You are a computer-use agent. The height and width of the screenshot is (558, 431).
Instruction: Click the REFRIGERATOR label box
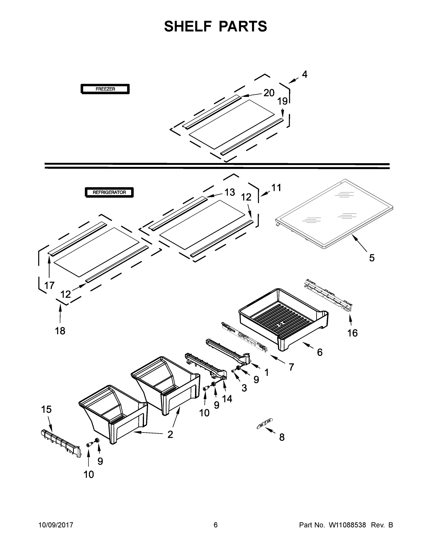tap(109, 192)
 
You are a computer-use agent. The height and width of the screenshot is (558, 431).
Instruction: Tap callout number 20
tap(269, 93)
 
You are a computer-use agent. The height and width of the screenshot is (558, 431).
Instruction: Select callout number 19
tap(282, 101)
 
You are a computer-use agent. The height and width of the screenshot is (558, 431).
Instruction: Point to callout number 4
tap(305, 74)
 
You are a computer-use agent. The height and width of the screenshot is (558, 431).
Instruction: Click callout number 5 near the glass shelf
tap(372, 258)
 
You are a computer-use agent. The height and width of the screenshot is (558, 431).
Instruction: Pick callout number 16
tap(352, 333)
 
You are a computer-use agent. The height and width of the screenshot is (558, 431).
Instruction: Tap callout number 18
tap(60, 331)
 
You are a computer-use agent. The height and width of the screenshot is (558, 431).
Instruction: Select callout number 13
tap(230, 192)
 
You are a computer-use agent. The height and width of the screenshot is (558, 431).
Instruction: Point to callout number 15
tap(46, 409)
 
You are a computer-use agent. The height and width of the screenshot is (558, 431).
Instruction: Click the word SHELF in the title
tap(188, 26)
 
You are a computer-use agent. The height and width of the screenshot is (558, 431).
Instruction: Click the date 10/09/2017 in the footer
tap(56, 525)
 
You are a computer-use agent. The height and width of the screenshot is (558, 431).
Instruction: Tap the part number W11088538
tap(347, 525)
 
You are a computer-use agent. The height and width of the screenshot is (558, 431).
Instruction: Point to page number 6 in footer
tap(216, 525)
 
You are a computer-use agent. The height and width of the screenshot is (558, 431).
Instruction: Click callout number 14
tap(227, 399)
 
